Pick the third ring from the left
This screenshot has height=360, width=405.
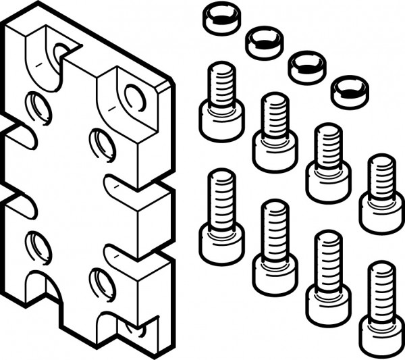click(306, 66)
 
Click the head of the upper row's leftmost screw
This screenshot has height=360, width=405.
click(221, 121)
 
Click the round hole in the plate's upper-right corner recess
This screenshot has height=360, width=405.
click(134, 99)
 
